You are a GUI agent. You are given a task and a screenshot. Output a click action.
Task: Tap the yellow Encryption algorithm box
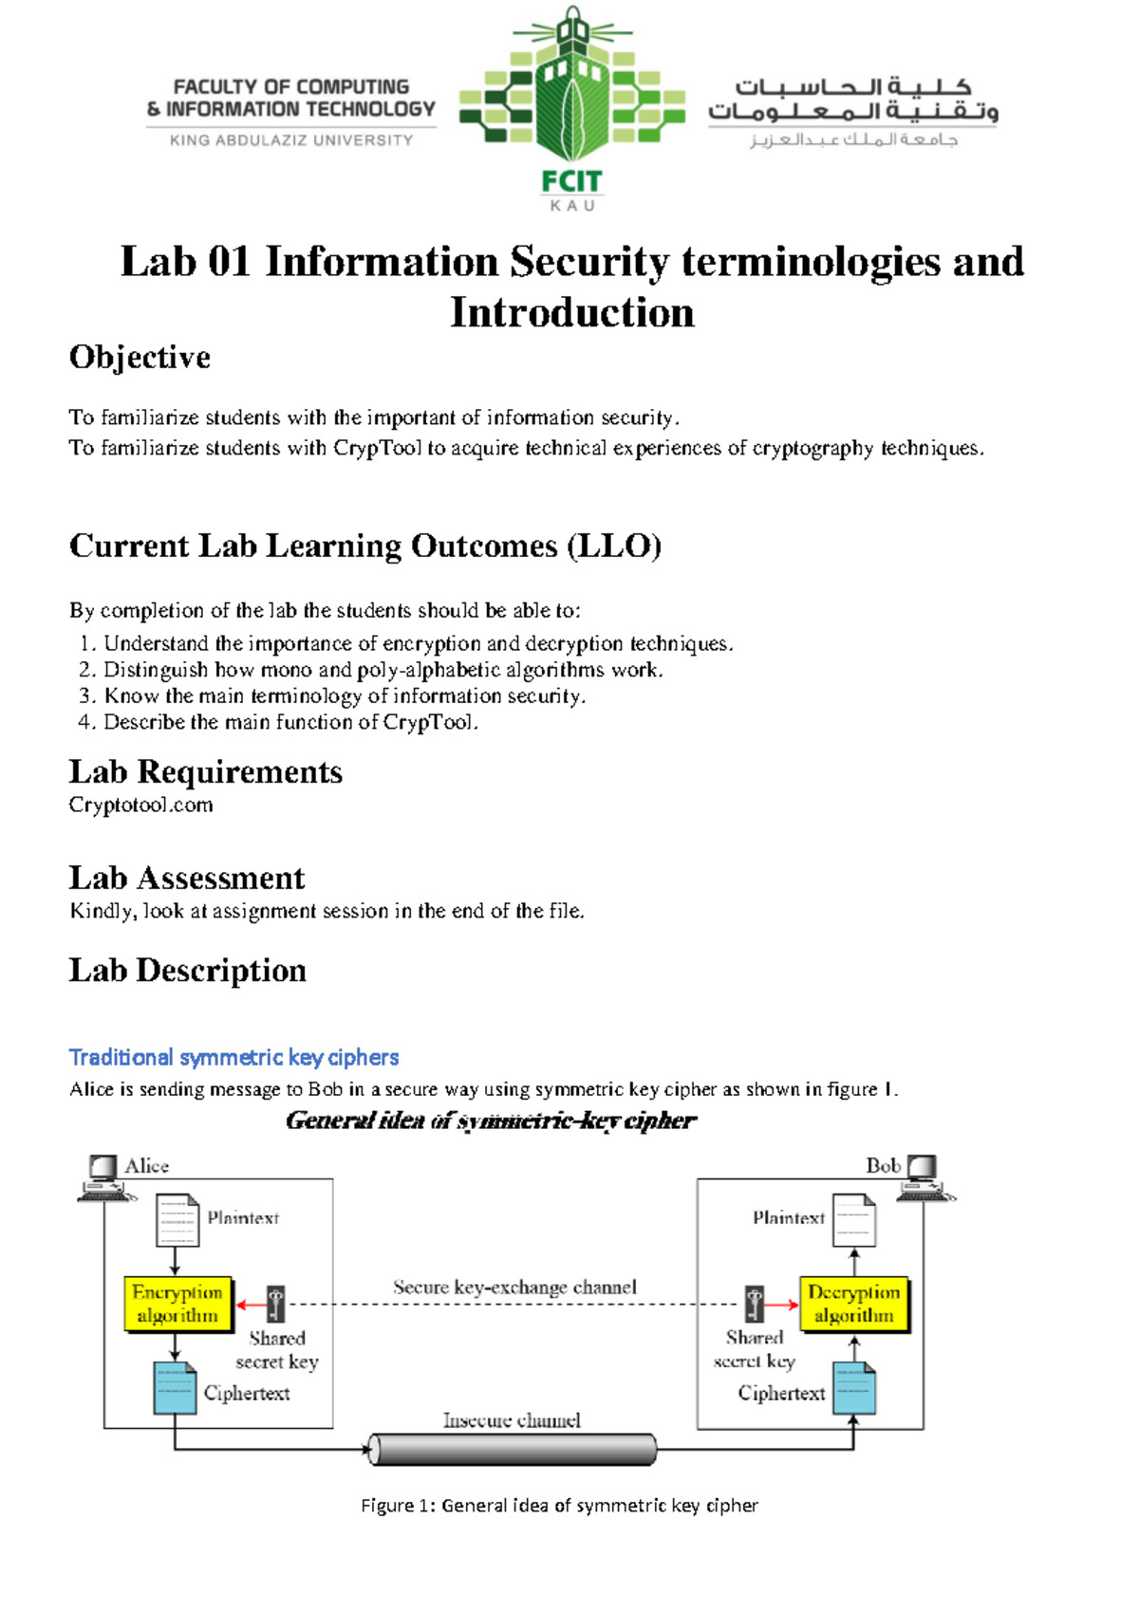coord(177,1304)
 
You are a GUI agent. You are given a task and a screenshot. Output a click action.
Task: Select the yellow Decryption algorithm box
coord(853,1304)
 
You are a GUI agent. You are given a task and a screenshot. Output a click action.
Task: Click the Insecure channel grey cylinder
coord(513,1449)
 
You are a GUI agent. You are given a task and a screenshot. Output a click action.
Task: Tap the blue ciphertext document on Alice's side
coord(175,1388)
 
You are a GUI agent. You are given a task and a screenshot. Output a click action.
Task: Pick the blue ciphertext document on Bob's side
coord(854,1388)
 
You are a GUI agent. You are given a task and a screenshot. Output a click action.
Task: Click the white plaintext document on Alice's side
coord(177,1220)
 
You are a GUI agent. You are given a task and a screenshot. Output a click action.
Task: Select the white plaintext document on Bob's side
coord(853,1220)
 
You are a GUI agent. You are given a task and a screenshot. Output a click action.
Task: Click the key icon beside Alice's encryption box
coord(275,1304)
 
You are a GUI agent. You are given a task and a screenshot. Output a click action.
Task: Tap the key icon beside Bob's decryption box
coord(755,1304)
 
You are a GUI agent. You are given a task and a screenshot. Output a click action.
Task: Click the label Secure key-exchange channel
coord(514,1287)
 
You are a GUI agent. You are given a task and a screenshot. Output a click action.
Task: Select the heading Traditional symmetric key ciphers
coord(233,1057)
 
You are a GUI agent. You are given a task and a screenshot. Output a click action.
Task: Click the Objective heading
coord(140,358)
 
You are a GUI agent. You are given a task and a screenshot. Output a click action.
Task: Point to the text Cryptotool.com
coord(140,805)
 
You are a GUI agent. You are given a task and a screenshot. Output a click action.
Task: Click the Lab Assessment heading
coord(187,878)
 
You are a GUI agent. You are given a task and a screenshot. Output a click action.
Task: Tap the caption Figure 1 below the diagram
coord(559,1505)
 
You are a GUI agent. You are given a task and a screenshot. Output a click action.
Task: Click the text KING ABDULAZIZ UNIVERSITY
coord(291,140)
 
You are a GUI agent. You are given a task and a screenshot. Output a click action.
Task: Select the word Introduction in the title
coord(571,313)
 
